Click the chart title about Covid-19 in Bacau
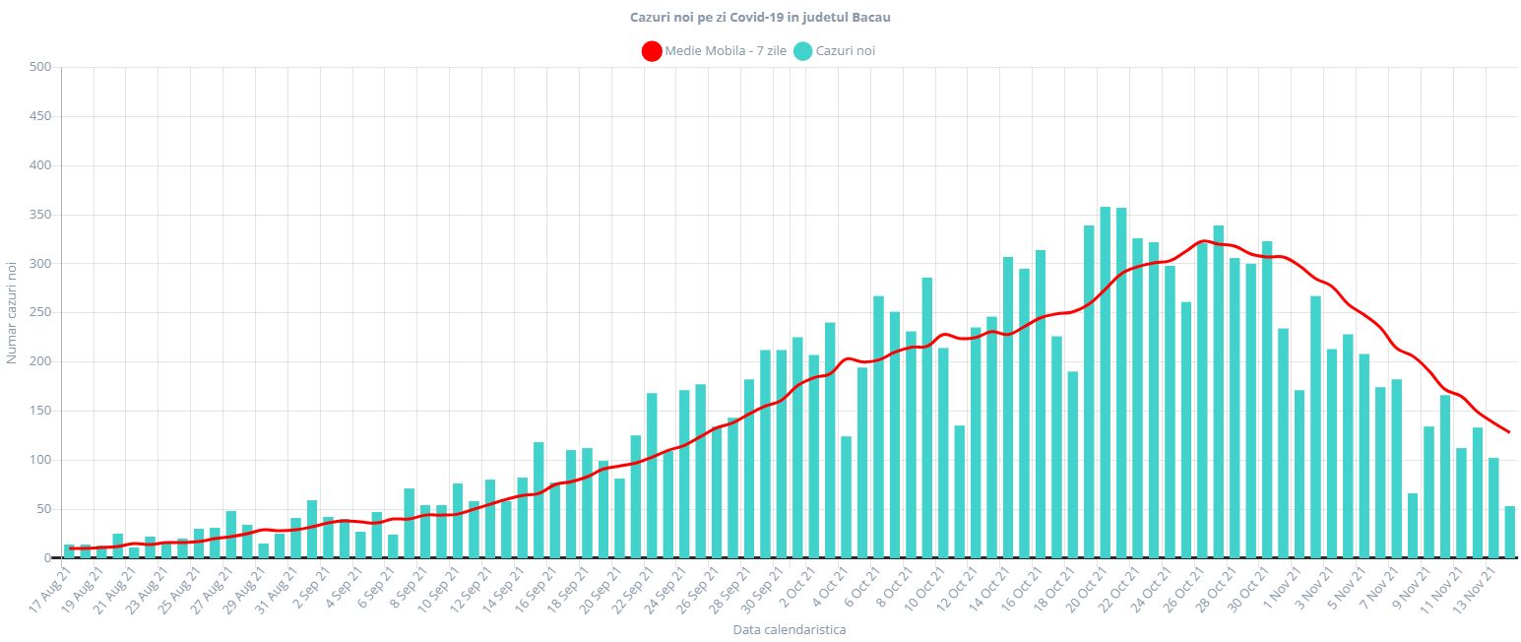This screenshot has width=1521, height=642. [x=759, y=18]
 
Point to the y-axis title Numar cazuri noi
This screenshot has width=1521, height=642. [x=12, y=312]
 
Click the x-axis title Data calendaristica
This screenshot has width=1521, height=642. [x=790, y=629]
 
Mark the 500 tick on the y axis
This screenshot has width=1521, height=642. [x=40, y=68]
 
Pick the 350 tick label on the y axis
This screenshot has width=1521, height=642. [x=40, y=215]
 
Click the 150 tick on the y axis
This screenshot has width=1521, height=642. [x=40, y=411]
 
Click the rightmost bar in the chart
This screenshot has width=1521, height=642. [x=1510, y=532]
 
